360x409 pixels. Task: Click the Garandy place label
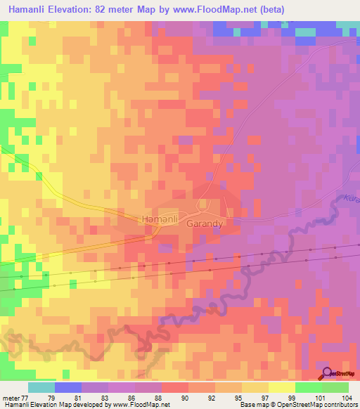pos(205,224)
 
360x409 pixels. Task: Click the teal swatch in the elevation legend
pos(41,387)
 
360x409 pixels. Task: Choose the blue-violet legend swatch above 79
pos(67,387)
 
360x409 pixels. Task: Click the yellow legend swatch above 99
pos(281,387)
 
